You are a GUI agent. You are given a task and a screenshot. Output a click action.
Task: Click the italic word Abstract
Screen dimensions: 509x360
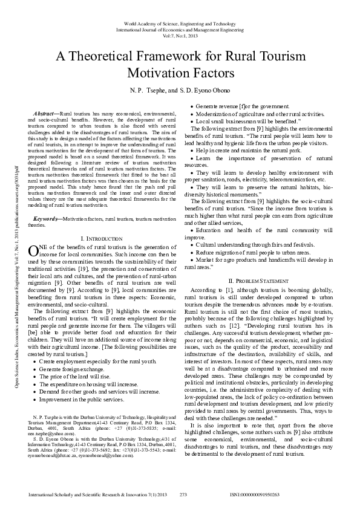pyautogui.click(x=46, y=114)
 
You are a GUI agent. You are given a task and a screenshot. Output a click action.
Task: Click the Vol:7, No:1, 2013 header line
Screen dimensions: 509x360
pyautogui.click(x=180, y=35)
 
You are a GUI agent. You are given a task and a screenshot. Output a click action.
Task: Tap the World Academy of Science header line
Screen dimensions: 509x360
pyautogui.click(x=180, y=23)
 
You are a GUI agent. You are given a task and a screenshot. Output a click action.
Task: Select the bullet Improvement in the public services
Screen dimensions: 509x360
pyautogui.click(x=83, y=400)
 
